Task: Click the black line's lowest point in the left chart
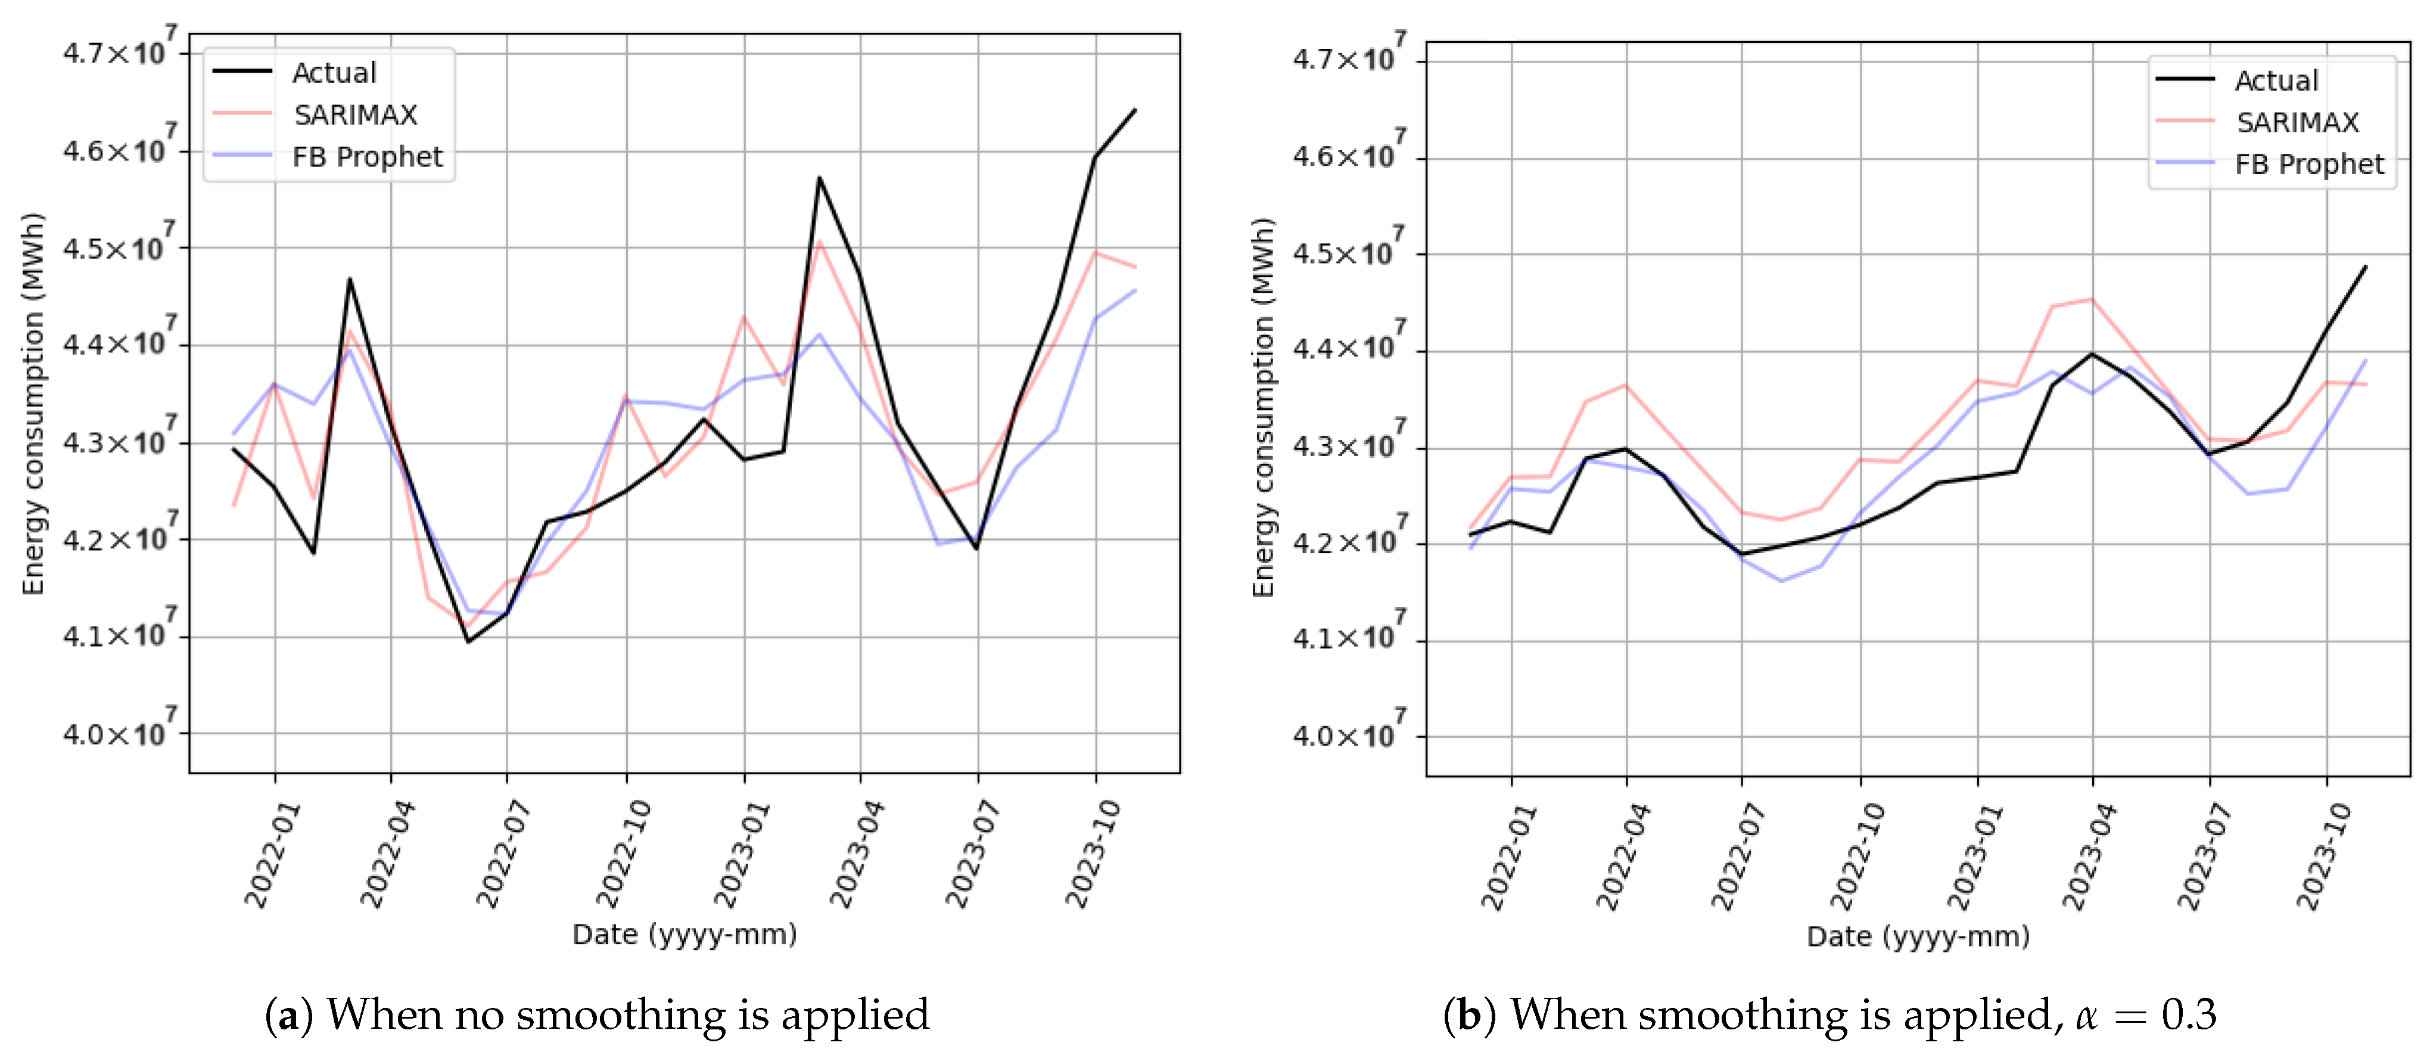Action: [468, 642]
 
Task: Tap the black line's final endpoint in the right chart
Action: [2366, 267]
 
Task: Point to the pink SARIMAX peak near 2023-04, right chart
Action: [2092, 299]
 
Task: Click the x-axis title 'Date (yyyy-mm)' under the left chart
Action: [684, 934]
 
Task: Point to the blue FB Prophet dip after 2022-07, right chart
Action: [1781, 581]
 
